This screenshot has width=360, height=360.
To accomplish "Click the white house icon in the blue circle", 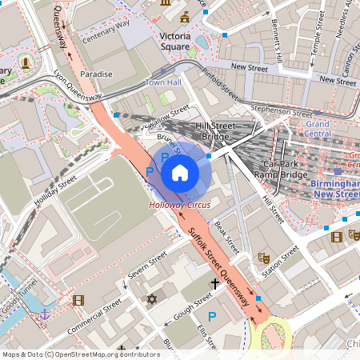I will (180, 172).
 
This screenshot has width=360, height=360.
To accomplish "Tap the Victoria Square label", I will (174, 42).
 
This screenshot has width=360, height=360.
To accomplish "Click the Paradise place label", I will (96, 74).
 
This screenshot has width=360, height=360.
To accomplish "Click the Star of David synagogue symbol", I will (151, 299).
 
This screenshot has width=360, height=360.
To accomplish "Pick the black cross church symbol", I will (214, 283).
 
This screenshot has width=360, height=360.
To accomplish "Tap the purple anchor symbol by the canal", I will (46, 313).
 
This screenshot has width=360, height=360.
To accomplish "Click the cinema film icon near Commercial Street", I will (78, 300).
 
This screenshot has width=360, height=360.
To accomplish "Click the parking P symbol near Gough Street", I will (212, 317).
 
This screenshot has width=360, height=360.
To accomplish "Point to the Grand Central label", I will (318, 130).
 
